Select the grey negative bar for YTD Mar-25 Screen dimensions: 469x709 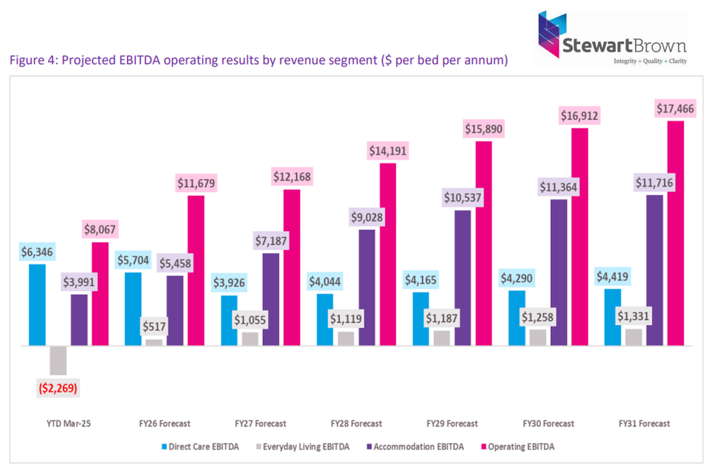58,360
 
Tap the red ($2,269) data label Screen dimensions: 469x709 57,388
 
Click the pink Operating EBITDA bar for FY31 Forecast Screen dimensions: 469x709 676,233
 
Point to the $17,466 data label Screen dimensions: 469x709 675,109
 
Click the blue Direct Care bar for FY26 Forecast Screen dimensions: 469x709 133,309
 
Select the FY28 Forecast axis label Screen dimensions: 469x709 357,424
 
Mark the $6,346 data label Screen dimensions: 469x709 36,251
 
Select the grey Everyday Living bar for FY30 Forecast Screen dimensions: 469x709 537,338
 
